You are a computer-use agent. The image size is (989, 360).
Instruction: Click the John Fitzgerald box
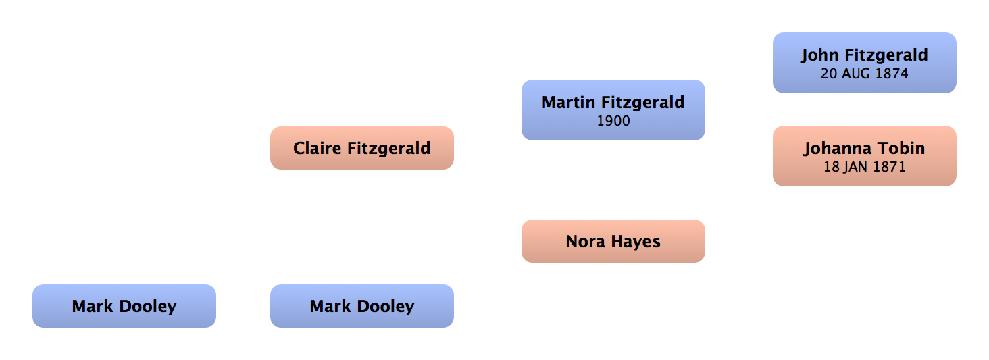tap(865, 63)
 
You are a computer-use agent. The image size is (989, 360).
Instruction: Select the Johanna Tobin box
tap(865, 156)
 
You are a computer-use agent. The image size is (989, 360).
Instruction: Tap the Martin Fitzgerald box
tap(613, 110)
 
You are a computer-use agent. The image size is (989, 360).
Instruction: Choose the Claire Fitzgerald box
tap(362, 148)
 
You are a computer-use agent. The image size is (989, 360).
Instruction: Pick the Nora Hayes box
tap(613, 241)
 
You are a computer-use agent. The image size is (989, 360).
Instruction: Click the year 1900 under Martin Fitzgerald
tap(613, 121)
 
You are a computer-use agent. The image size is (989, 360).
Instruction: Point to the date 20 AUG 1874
tap(865, 73)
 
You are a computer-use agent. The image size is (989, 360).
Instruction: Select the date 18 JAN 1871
tap(865, 167)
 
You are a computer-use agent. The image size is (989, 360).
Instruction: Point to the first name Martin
tap(569, 103)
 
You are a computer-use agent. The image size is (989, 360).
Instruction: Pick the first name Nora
tap(586, 242)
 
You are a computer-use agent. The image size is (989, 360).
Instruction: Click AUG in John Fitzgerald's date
tap(856, 73)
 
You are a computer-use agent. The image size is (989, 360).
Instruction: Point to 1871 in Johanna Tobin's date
tap(888, 167)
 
